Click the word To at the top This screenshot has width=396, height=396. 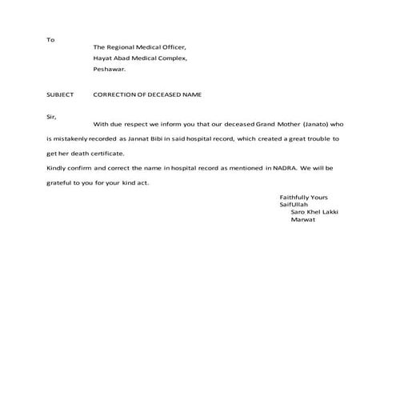click(50, 39)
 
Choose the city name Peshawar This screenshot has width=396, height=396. click(110, 70)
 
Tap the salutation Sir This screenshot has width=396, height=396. click(51, 117)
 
